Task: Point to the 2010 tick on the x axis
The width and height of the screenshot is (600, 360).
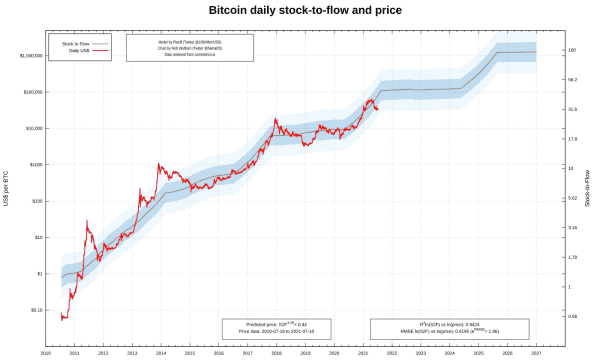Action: [45, 353]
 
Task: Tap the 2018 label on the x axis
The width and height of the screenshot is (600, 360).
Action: [276, 353]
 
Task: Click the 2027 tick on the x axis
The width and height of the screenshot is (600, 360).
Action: [536, 353]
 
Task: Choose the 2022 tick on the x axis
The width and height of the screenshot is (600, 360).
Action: [392, 353]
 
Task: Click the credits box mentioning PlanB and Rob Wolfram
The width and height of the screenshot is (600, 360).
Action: [189, 48]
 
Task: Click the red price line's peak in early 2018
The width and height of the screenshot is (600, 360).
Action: [275, 119]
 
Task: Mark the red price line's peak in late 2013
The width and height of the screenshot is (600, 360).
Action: [158, 164]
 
